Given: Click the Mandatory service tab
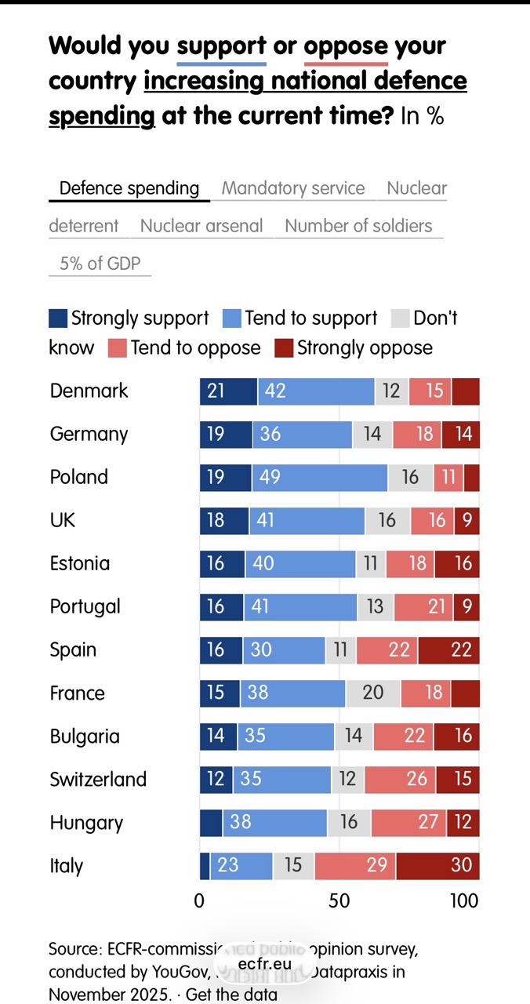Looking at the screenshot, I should [292, 188].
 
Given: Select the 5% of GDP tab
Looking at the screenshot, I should [100, 264].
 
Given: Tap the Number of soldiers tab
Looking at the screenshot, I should [358, 226].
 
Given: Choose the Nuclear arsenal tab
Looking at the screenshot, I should [201, 226].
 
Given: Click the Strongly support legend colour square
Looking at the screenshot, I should [58, 318].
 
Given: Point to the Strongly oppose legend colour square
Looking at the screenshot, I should [284, 348].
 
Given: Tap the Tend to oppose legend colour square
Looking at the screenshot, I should [117, 348].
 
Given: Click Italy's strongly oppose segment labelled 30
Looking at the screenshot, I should [437, 865].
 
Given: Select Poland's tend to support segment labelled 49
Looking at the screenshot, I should [319, 477].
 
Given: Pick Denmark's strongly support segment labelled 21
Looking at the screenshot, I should [228, 391].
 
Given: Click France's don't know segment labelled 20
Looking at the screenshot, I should [373, 693].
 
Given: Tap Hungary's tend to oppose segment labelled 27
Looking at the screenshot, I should [408, 822].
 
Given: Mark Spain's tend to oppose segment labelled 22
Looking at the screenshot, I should [387, 649].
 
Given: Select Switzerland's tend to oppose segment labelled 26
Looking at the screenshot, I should [400, 779].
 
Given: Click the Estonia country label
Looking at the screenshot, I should [80, 563].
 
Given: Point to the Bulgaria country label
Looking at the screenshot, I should [85, 737].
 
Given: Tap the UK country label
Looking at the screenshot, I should [63, 520].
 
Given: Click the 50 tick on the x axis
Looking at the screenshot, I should [339, 900].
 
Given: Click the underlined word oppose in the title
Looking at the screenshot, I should [346, 46].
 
